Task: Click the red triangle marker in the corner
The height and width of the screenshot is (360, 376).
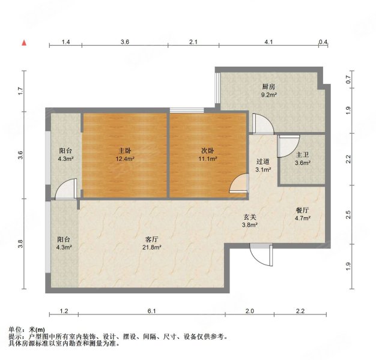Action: tap(24, 43)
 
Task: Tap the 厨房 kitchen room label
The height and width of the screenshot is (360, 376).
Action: tap(268, 86)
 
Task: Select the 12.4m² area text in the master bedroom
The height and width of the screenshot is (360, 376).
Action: tap(124, 159)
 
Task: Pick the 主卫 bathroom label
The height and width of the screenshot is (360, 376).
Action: tap(302, 153)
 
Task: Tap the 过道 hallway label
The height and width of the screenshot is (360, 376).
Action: tap(262, 161)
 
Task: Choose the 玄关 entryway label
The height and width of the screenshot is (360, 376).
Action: tap(249, 217)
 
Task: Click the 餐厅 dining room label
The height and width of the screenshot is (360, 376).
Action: tap(302, 210)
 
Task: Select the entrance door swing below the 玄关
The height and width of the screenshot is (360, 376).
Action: tap(261, 255)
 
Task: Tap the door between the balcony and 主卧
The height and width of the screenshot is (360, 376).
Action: tap(65, 190)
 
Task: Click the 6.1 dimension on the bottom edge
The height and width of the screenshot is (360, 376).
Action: tap(152, 311)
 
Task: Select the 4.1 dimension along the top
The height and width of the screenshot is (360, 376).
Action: tap(268, 42)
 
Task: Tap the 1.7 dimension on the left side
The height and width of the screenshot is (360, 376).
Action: tap(20, 91)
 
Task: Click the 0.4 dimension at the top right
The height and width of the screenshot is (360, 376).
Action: tap(324, 42)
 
